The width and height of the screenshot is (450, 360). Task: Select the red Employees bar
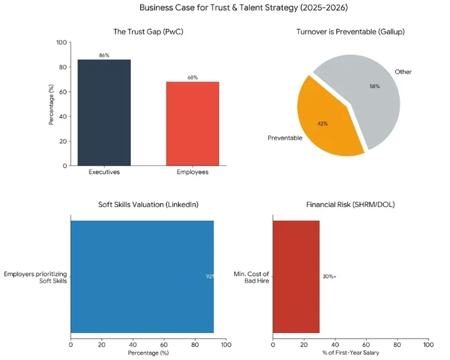click(193, 123)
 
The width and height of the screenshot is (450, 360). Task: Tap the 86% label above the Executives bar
click(104, 55)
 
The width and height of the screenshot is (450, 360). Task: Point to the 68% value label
click(193, 77)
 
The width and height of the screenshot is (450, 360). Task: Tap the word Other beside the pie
click(403, 72)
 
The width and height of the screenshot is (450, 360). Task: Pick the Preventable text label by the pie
click(285, 137)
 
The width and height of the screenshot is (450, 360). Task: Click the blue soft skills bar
click(142, 276)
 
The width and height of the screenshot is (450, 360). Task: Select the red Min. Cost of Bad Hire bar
click(296, 276)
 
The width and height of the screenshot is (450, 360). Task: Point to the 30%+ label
click(329, 276)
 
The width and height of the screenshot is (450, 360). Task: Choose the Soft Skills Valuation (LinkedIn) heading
click(148, 205)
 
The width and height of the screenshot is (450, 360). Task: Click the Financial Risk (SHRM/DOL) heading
click(350, 205)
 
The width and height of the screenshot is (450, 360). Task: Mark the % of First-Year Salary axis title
click(350, 352)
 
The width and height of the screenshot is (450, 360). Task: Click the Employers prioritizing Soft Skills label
click(35, 277)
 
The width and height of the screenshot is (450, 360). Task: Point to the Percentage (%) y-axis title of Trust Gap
click(52, 104)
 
